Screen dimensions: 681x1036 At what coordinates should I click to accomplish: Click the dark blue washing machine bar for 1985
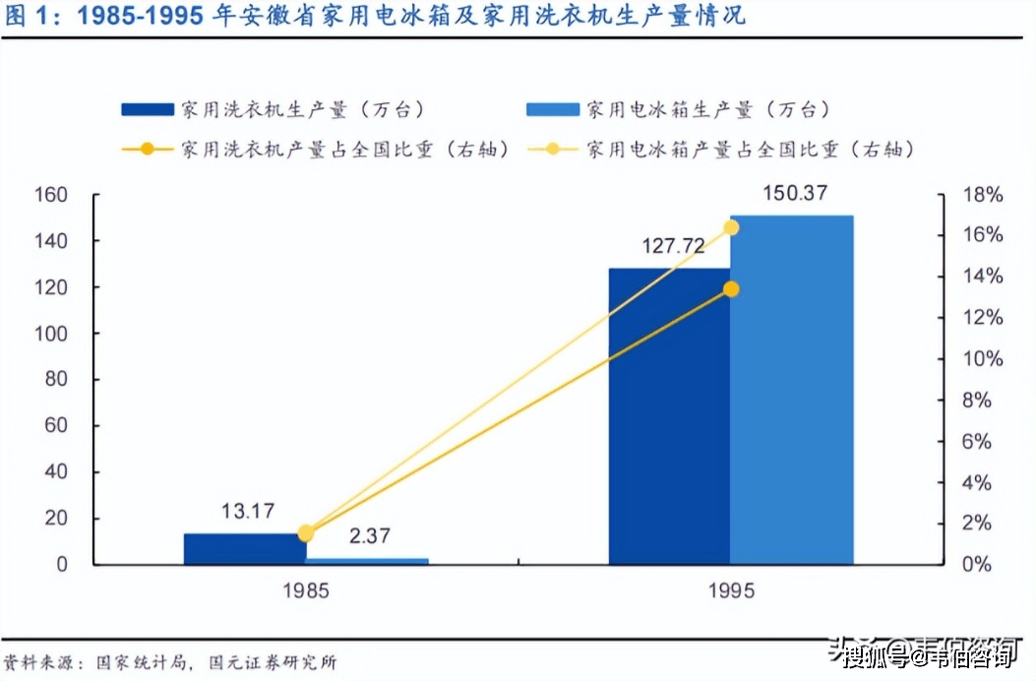244,548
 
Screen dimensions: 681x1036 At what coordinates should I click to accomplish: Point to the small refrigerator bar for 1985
366,561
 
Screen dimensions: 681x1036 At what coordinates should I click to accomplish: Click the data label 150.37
794,194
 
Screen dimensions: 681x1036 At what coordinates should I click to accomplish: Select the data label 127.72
674,246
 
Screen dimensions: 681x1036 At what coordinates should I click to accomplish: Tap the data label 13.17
247,511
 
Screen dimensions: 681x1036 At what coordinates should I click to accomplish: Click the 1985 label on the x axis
305,591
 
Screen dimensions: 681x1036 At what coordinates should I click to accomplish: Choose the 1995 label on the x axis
730,591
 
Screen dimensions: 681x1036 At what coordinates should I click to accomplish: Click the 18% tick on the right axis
982,195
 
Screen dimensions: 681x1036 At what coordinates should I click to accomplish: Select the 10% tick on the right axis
982,359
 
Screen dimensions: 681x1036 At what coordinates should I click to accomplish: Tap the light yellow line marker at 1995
731,228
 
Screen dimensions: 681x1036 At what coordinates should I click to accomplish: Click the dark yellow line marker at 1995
731,289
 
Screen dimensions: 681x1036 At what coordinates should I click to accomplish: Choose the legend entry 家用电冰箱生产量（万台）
708,109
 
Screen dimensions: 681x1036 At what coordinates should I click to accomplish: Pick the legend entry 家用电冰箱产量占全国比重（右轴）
751,150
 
